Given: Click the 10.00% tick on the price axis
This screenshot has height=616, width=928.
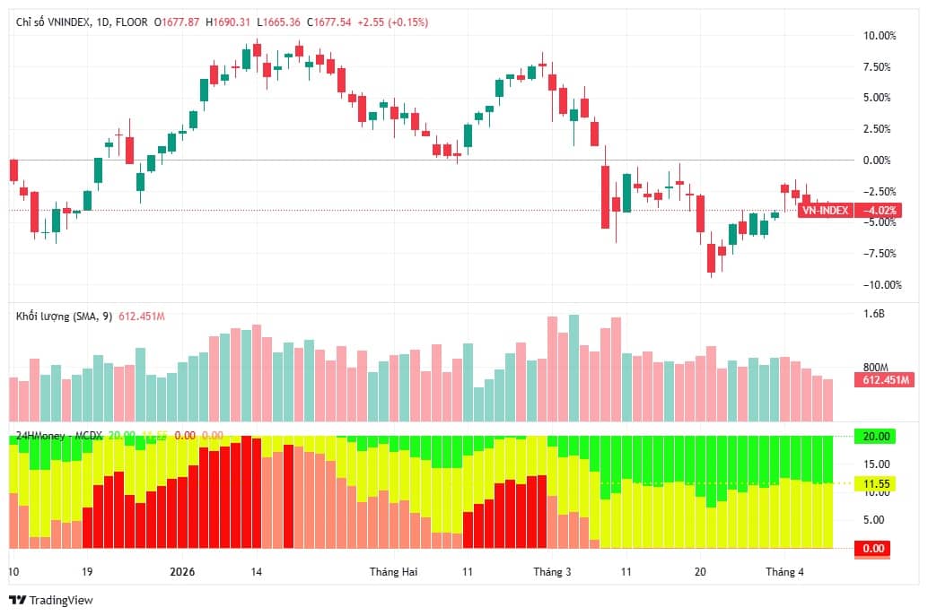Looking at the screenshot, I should tap(878, 36).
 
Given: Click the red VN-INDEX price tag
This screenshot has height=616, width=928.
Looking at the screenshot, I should tap(824, 211).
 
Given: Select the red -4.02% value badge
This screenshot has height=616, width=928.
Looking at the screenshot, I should tap(878, 211).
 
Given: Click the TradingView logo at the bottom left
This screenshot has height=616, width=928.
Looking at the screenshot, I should tap(51, 600).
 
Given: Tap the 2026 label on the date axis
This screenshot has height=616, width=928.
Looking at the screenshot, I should tap(182, 572).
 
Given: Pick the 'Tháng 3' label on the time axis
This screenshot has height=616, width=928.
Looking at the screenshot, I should tap(552, 572).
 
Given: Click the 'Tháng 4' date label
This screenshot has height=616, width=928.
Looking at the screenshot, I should tap(784, 572).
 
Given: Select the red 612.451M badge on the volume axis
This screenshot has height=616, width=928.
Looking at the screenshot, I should tap(886, 380).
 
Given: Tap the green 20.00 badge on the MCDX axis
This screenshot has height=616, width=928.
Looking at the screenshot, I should tap(876, 437).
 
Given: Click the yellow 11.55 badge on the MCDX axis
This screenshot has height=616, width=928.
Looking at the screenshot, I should tap(876, 483).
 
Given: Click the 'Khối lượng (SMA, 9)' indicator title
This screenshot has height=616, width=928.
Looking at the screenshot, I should tap(64, 317).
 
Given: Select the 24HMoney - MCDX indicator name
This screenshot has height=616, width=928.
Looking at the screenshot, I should tap(59, 436).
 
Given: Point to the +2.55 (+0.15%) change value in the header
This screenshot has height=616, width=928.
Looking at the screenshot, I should tap(392, 22).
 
